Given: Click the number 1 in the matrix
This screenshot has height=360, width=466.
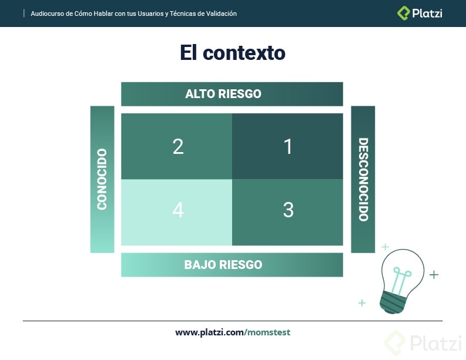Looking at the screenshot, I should [x=288, y=146].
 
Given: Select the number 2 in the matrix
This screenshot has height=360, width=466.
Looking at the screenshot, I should [x=178, y=146].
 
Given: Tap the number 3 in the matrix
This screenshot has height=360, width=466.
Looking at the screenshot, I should [x=288, y=210].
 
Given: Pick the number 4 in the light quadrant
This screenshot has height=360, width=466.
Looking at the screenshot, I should [x=178, y=210].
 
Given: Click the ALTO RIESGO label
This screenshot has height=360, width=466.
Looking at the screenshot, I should [x=223, y=94].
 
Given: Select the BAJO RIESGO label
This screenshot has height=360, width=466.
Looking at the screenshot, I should [x=223, y=264].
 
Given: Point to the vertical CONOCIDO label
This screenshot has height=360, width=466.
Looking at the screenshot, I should [x=102, y=180].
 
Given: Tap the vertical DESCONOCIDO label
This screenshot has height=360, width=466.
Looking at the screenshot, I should [x=363, y=180].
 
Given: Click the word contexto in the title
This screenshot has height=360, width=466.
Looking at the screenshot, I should [x=244, y=53].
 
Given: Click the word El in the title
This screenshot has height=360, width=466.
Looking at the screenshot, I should [x=188, y=53].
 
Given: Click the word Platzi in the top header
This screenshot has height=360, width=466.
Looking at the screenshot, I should [x=427, y=13].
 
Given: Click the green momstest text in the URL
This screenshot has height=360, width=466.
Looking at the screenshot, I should [x=269, y=332].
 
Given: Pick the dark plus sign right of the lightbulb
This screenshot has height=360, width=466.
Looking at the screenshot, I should [x=434, y=274].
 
